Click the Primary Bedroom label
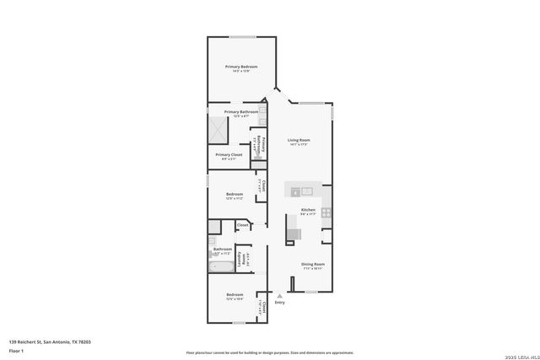[240, 67]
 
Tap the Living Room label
[299, 140]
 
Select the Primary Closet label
[229, 155]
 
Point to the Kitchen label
[308, 210]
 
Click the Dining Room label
[313, 265]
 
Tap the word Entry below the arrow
[279, 303]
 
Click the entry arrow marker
[279, 295]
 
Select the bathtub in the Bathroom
[223, 266]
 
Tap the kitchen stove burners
[326, 213]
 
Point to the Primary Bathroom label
[240, 112]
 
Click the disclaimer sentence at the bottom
[269, 353]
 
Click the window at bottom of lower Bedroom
[238, 322]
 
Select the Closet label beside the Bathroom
[242, 225]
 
